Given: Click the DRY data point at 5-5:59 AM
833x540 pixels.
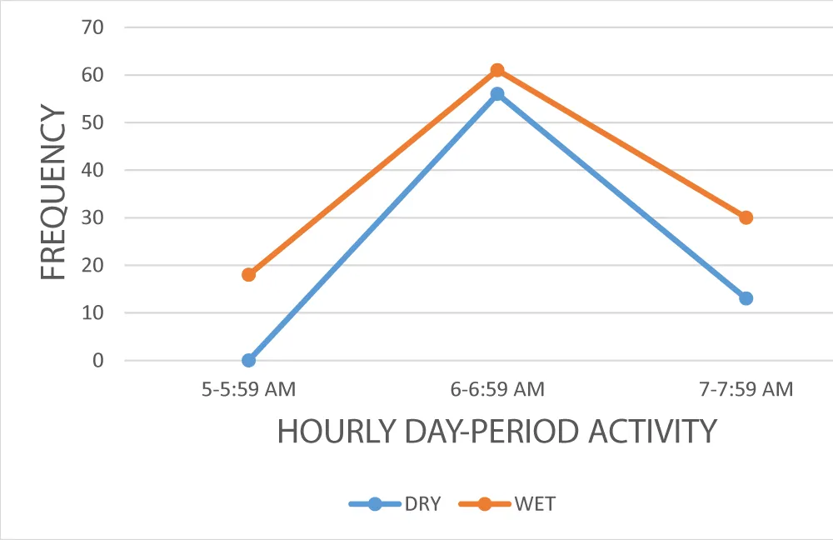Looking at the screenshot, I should (x=248, y=360).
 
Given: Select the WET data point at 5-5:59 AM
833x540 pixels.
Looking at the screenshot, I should (x=248, y=274).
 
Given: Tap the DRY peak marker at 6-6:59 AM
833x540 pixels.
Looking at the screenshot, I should (x=497, y=94).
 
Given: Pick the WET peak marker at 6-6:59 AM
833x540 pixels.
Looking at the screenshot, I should (x=497, y=70).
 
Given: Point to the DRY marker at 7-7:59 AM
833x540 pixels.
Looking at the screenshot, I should (x=746, y=298).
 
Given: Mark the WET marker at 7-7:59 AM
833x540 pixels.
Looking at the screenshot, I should (x=746, y=217).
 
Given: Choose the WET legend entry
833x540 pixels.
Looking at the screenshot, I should (x=507, y=503).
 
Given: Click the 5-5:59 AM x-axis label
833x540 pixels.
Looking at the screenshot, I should (x=248, y=389).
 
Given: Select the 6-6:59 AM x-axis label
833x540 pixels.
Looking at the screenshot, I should (x=497, y=389).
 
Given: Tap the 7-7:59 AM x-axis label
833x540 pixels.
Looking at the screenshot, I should (x=746, y=389).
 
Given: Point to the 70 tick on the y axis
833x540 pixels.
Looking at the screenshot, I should (x=93, y=27).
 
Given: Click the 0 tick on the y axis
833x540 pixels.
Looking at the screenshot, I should (x=98, y=361).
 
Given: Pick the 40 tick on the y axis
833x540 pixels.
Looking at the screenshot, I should (x=93, y=170).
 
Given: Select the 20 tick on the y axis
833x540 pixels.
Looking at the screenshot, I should (x=93, y=266).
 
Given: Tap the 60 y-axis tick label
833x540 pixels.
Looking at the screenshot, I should (x=93, y=75).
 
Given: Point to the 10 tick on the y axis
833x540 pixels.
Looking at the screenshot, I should (x=93, y=313).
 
